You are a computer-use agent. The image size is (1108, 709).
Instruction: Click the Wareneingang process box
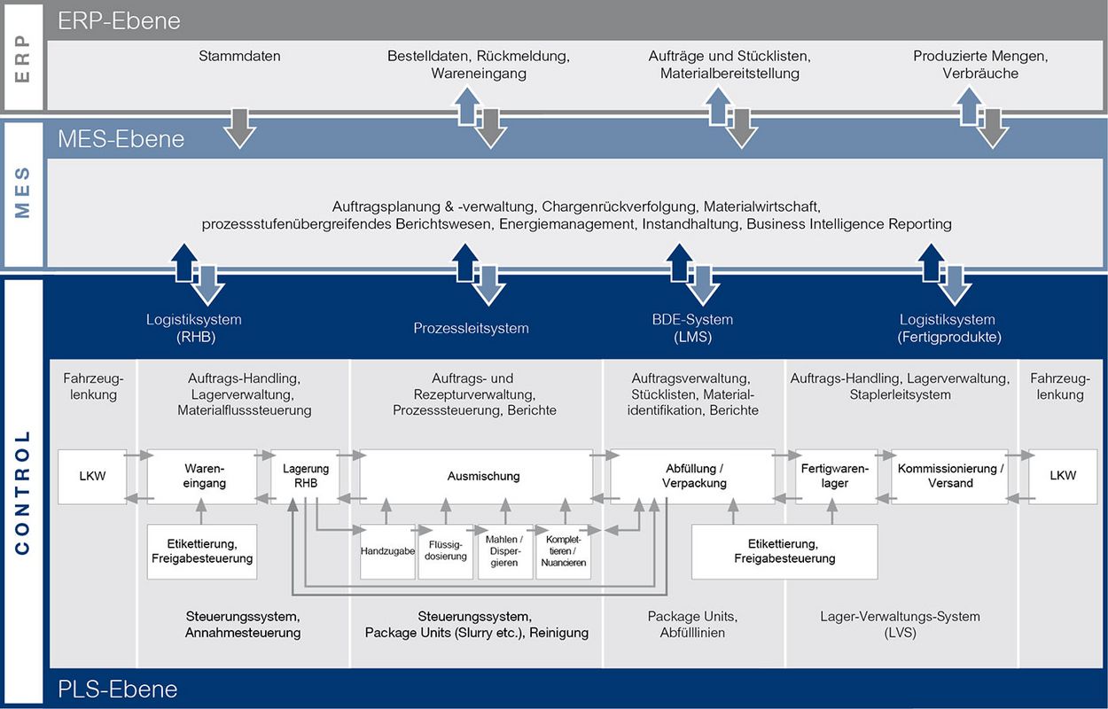pyautogui.click(x=202, y=477)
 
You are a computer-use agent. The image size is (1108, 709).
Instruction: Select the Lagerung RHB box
pyautogui.click(x=305, y=477)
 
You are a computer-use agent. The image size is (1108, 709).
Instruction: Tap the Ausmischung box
pyautogui.click(x=476, y=477)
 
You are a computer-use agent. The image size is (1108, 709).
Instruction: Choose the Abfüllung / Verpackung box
pyautogui.click(x=692, y=477)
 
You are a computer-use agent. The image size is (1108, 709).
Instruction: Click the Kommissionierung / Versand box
pyautogui.click(x=949, y=477)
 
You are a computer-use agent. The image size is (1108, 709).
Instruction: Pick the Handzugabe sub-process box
pyautogui.click(x=387, y=551)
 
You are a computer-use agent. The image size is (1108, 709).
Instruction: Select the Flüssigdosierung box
pyautogui.click(x=445, y=551)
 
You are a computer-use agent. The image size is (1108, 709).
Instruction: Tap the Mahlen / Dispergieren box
pyautogui.click(x=505, y=551)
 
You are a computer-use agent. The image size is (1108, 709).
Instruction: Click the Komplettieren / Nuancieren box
pyautogui.click(x=564, y=551)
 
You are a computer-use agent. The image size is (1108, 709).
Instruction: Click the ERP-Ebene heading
pyautogui.click(x=119, y=20)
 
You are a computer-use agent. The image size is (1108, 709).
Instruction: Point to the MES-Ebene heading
pyautogui.click(x=121, y=139)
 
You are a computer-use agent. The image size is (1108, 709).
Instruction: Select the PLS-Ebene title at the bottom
pyautogui.click(x=118, y=690)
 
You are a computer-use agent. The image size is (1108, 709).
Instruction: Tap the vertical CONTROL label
pyautogui.click(x=23, y=493)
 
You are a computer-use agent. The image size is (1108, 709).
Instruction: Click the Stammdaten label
pyautogui.click(x=239, y=56)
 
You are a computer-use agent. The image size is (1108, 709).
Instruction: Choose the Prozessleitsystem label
pyautogui.click(x=471, y=328)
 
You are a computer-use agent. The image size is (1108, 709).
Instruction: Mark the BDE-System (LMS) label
pyautogui.click(x=692, y=328)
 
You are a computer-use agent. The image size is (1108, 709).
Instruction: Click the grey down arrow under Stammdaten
pyautogui.click(x=240, y=128)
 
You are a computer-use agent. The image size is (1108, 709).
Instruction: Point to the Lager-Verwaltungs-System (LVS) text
pyautogui.click(x=900, y=625)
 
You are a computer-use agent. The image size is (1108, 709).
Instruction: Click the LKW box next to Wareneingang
pyautogui.click(x=92, y=477)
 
